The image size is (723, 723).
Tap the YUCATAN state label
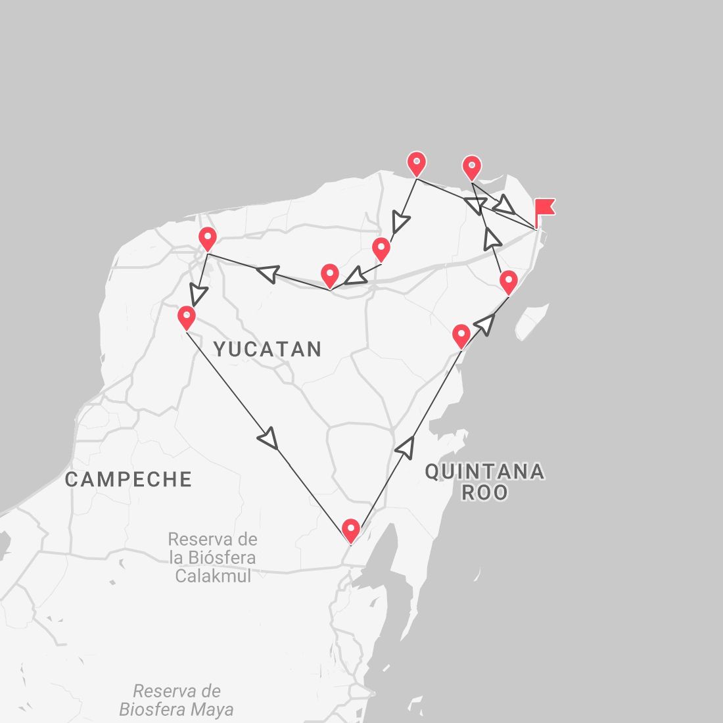[268, 349]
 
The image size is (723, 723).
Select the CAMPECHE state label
[129, 479]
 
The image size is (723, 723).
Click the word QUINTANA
[484, 471]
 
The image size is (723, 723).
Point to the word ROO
[484, 492]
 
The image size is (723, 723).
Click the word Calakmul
[213, 576]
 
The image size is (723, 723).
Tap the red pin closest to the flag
[471, 167]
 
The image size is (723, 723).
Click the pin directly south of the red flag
[508, 282]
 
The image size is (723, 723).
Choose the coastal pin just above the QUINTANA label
[461, 335]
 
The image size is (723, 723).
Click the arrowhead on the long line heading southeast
[269, 439]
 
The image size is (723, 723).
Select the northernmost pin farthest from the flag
[416, 162]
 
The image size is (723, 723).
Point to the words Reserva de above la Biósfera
[212, 540]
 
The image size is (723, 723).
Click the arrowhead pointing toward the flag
[505, 204]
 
